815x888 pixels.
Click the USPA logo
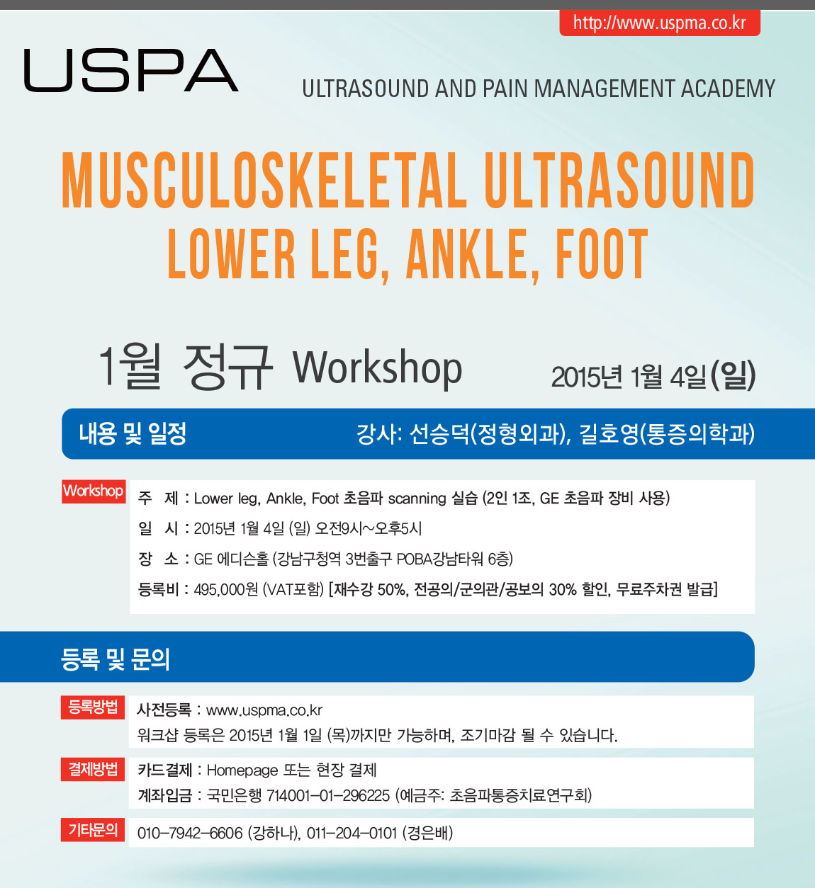pos(131,70)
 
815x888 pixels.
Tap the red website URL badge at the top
pos(660,23)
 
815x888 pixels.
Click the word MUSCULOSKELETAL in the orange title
pos(264,180)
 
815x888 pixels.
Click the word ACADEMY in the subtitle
pos(728,89)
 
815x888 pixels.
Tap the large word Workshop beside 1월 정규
pos(377,368)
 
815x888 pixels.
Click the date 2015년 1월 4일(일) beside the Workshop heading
pos(653,377)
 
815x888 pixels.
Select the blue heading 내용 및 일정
pos(133,433)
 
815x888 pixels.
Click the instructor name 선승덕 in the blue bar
pos(439,434)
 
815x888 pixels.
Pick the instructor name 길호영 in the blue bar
pos(609,434)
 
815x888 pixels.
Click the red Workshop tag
pos(94,491)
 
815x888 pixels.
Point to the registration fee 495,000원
pos(225,590)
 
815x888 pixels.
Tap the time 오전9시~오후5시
pos(368,528)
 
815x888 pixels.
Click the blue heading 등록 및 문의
pos(116,659)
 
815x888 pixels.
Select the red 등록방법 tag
pos(93,707)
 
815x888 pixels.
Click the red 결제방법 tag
pos(93,769)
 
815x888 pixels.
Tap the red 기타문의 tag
pos(93,829)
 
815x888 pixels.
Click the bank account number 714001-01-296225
pos(328,795)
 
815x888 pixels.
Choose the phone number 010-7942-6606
pos(190,833)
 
